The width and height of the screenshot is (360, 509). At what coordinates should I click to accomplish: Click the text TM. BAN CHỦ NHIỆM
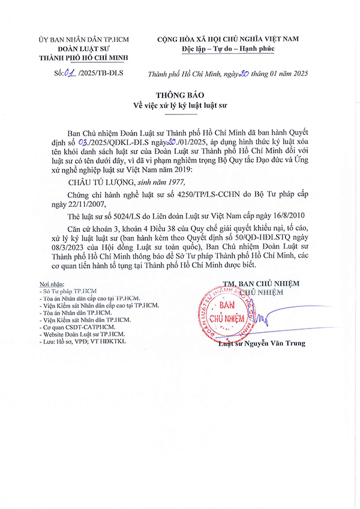pyautogui.click(x=260, y=284)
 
